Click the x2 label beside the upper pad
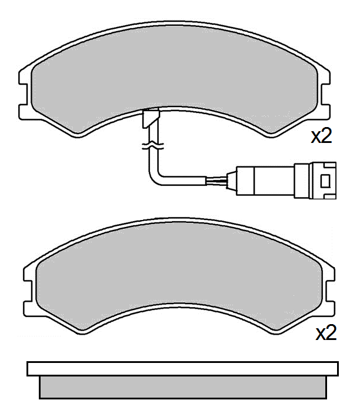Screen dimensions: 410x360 (322, 136)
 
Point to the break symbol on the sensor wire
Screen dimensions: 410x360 (154, 144)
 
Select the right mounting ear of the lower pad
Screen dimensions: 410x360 (332, 288)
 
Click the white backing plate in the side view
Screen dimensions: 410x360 (182, 369)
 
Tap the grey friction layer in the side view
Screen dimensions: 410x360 (182, 387)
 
